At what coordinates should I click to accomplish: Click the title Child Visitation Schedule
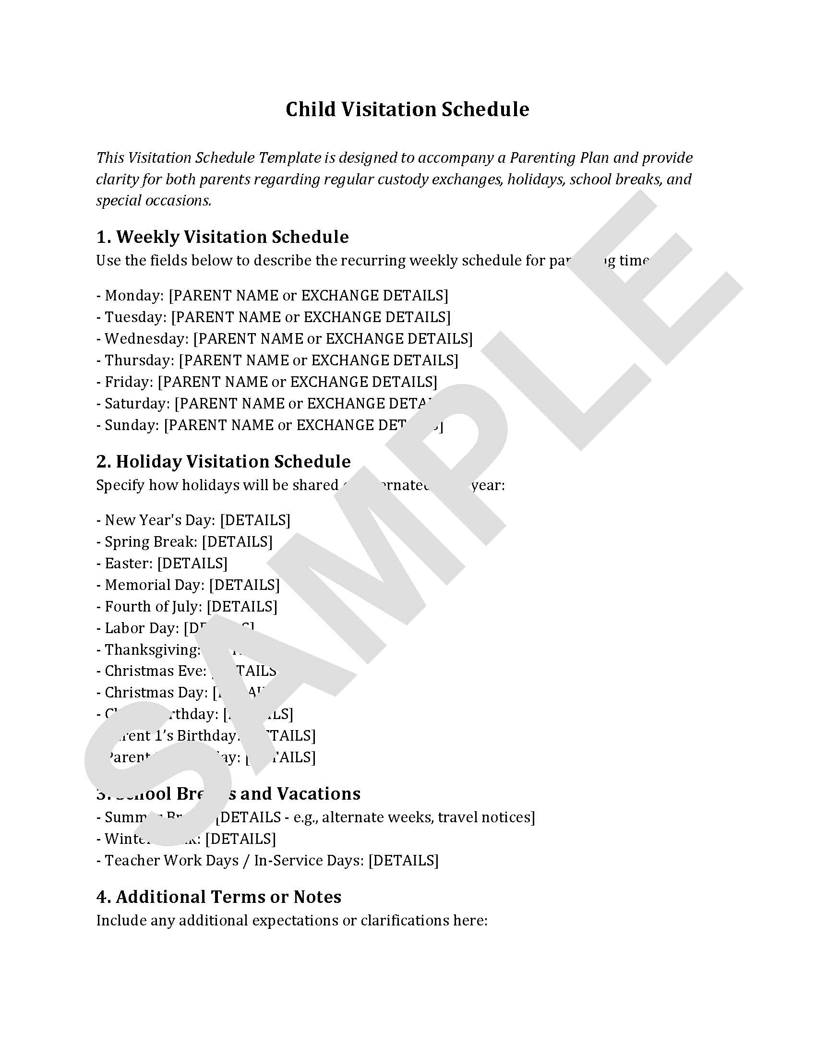(x=407, y=109)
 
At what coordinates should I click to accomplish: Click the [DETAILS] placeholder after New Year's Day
(x=255, y=520)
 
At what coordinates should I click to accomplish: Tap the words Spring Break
(x=149, y=541)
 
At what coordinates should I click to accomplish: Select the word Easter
(x=127, y=564)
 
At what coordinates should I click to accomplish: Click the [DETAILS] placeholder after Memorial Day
(x=244, y=585)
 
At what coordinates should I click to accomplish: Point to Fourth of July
(x=152, y=607)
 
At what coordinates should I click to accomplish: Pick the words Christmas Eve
(x=154, y=671)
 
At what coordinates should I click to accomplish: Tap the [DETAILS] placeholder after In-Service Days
(x=403, y=861)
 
